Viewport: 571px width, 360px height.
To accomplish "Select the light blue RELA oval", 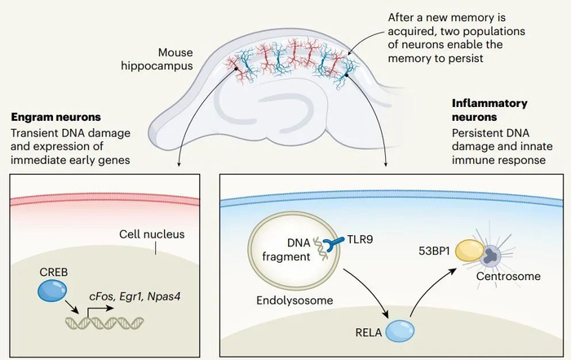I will (400, 330).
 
